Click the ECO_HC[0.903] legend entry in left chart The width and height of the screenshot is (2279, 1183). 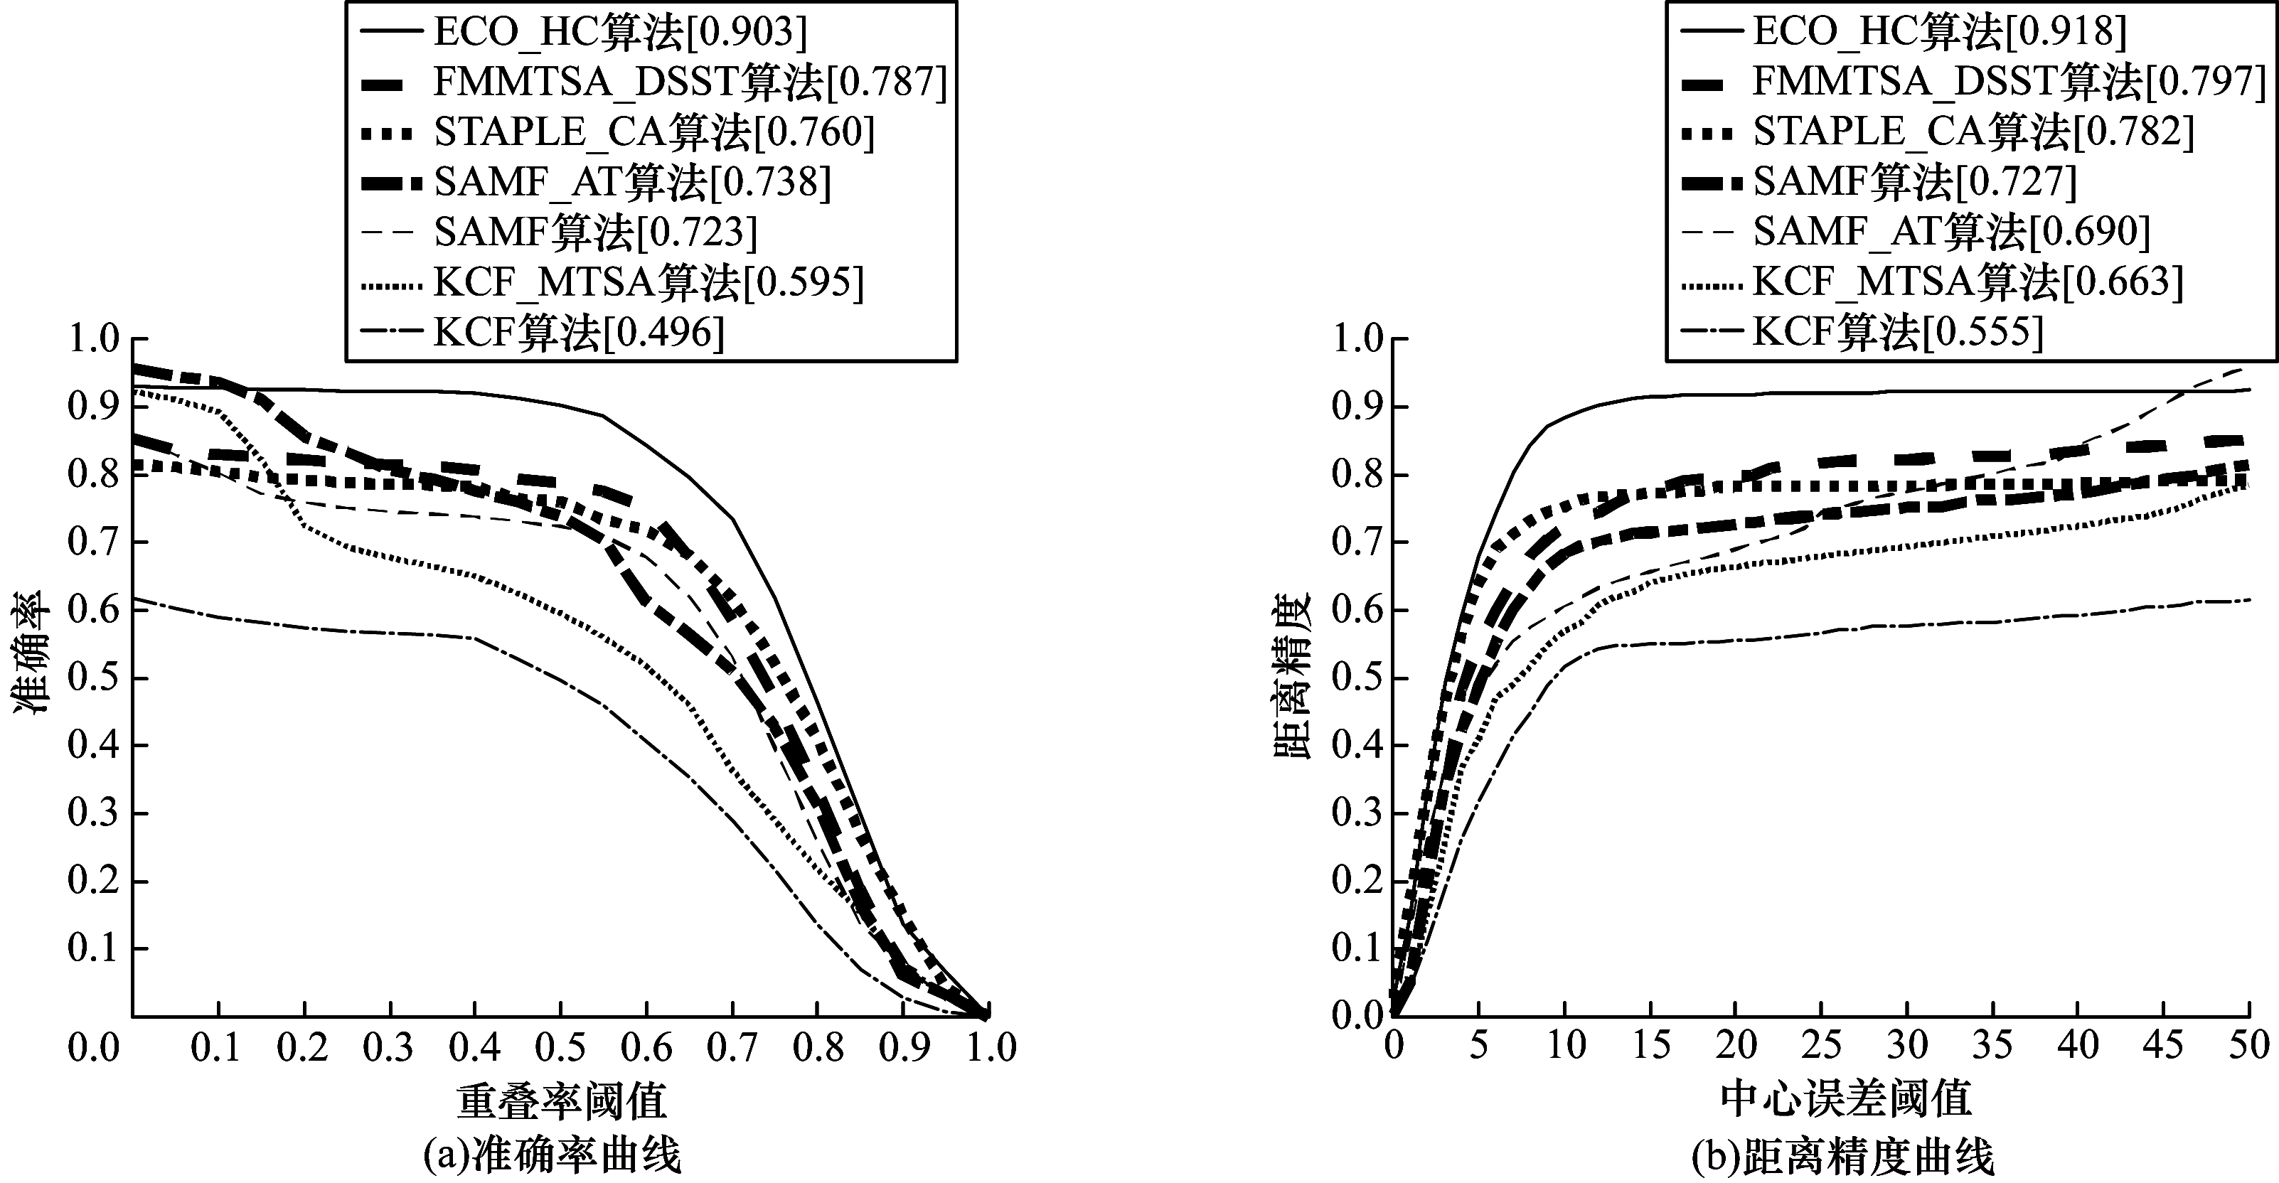619,32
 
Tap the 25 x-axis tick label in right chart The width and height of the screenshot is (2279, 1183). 1821,1046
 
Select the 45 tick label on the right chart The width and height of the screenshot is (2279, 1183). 2163,1046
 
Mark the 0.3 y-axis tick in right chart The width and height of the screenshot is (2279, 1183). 1358,814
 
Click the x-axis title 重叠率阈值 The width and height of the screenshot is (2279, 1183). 561,1100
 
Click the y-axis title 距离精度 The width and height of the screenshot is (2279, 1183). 1291,676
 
